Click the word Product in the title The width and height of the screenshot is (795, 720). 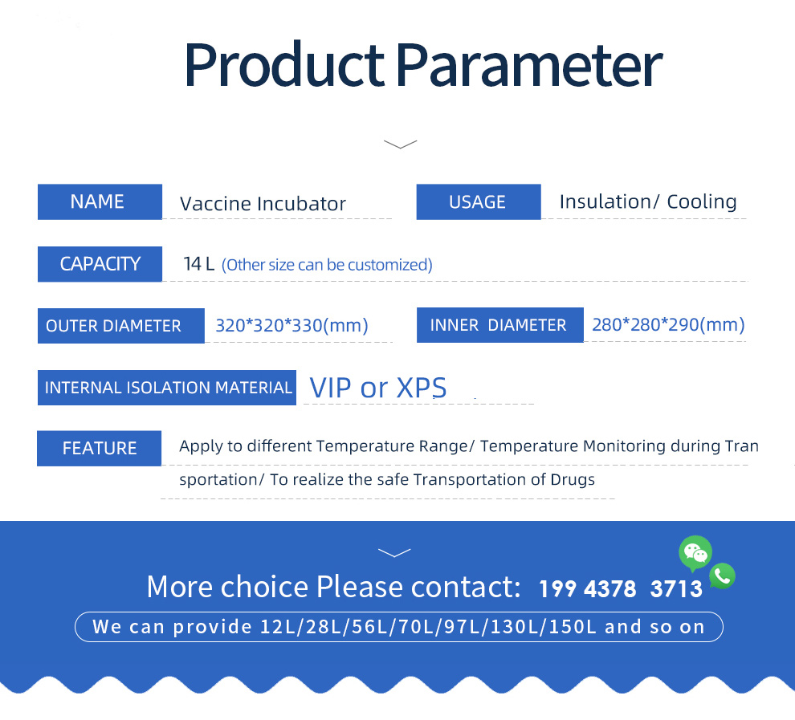pyautogui.click(x=284, y=65)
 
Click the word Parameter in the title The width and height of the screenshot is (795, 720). pyautogui.click(x=529, y=65)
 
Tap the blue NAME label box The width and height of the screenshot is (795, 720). pyautogui.click(x=100, y=201)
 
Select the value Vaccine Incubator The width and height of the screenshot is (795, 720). pyautogui.click(x=263, y=204)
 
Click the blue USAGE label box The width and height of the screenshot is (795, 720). pyautogui.click(x=479, y=201)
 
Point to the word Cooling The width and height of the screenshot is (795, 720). pyautogui.click(x=702, y=201)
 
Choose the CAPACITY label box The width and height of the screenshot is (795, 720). pyautogui.click(x=100, y=264)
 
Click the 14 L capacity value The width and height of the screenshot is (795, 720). pyautogui.click(x=199, y=264)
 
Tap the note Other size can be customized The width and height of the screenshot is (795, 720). pyautogui.click(x=327, y=265)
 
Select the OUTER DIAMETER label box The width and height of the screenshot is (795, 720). pyautogui.click(x=121, y=326)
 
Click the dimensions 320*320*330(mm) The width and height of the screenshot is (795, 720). pyautogui.click(x=292, y=325)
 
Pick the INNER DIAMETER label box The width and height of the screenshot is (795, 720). pyautogui.click(x=500, y=325)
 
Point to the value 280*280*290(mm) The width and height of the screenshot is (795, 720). pyautogui.click(x=668, y=324)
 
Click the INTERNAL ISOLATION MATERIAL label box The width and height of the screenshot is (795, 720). pyautogui.click(x=167, y=388)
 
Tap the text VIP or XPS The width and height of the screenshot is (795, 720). pyautogui.click(x=378, y=388)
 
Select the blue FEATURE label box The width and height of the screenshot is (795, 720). pyautogui.click(x=100, y=449)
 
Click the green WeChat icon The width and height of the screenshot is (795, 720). pyautogui.click(x=695, y=553)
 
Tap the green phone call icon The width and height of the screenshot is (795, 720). pyautogui.click(x=723, y=576)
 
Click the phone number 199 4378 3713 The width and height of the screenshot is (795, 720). pyautogui.click(x=621, y=589)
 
